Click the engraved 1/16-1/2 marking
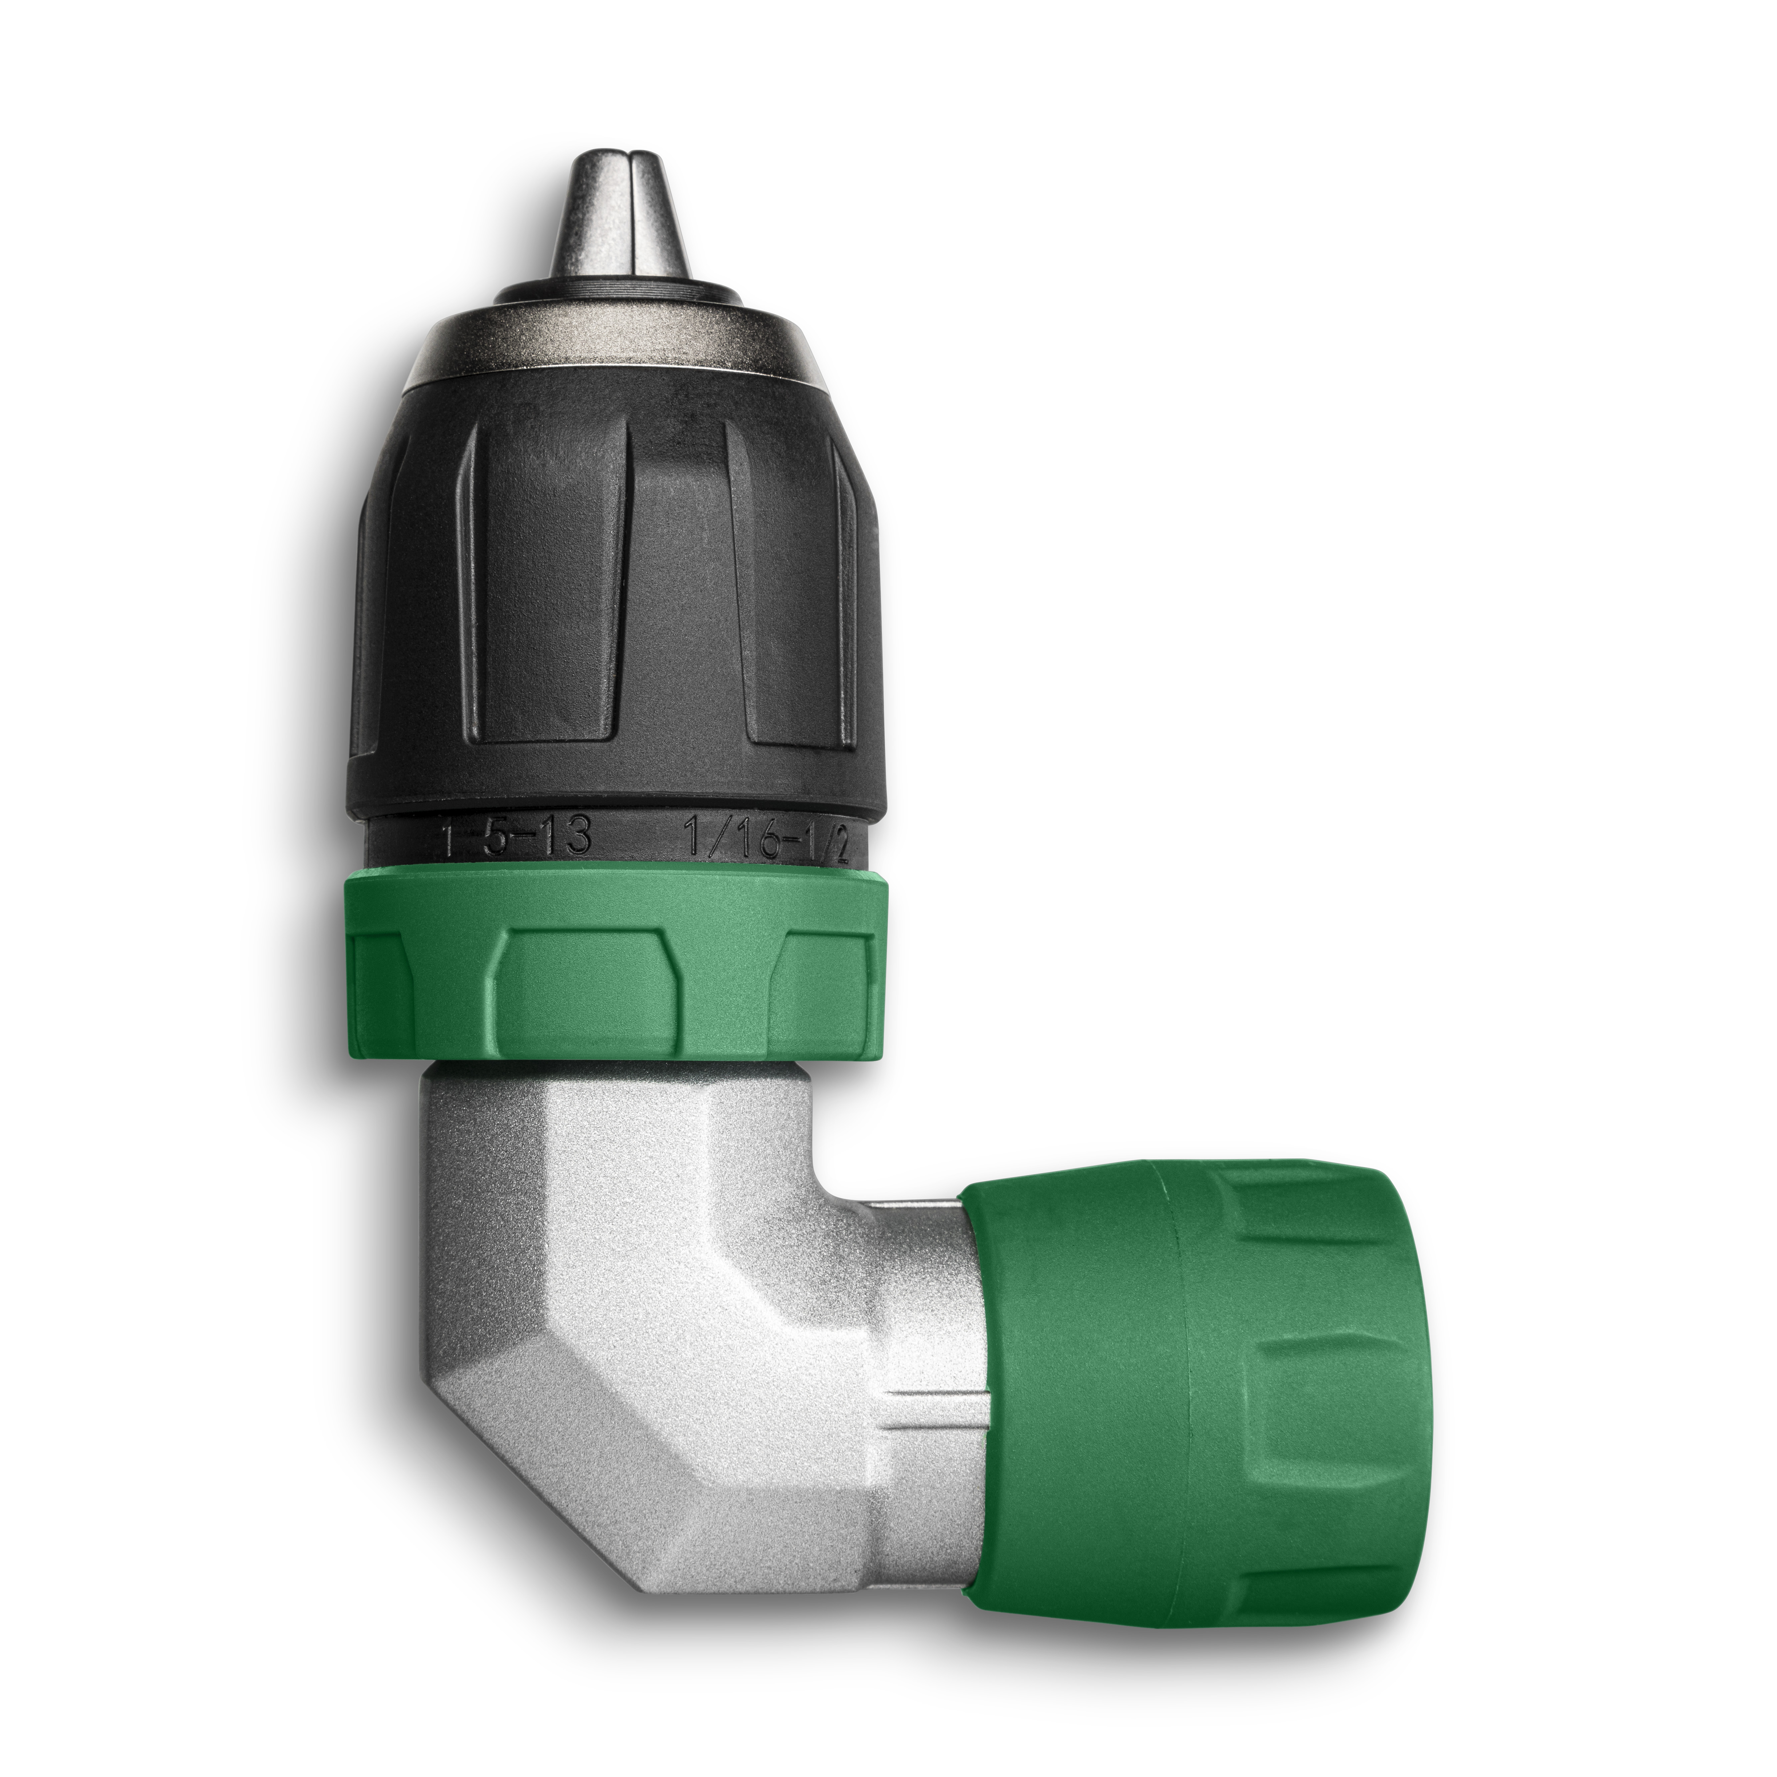click(x=768, y=839)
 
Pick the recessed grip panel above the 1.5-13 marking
click(x=543, y=589)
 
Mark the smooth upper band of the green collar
click(x=616, y=897)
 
